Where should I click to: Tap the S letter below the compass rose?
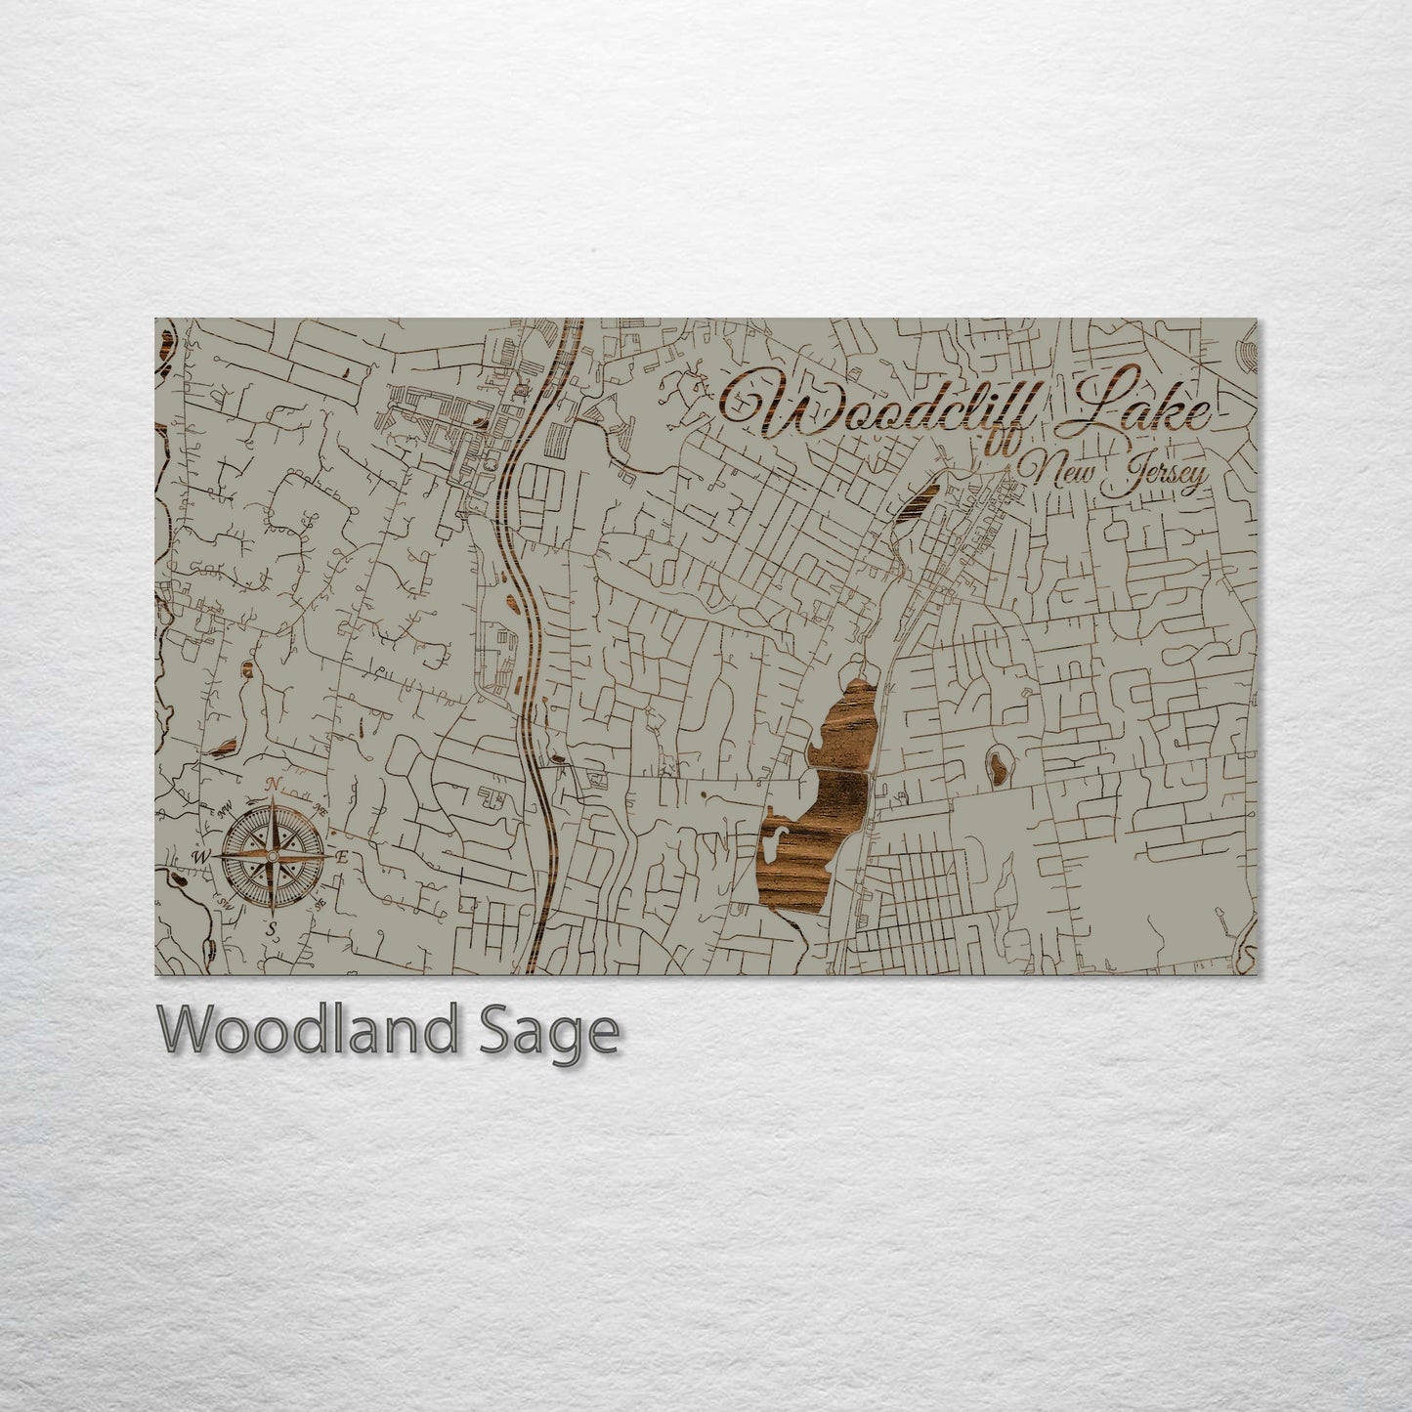[x=274, y=926]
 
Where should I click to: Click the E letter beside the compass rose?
[x=342, y=857]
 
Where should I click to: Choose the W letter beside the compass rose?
[x=202, y=857]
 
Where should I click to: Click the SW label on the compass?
[x=226, y=902]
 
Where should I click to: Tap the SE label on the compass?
[x=319, y=904]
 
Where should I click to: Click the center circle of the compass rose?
[x=274, y=856]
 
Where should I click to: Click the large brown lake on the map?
[x=816, y=831]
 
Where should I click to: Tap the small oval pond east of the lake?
[x=998, y=768]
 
